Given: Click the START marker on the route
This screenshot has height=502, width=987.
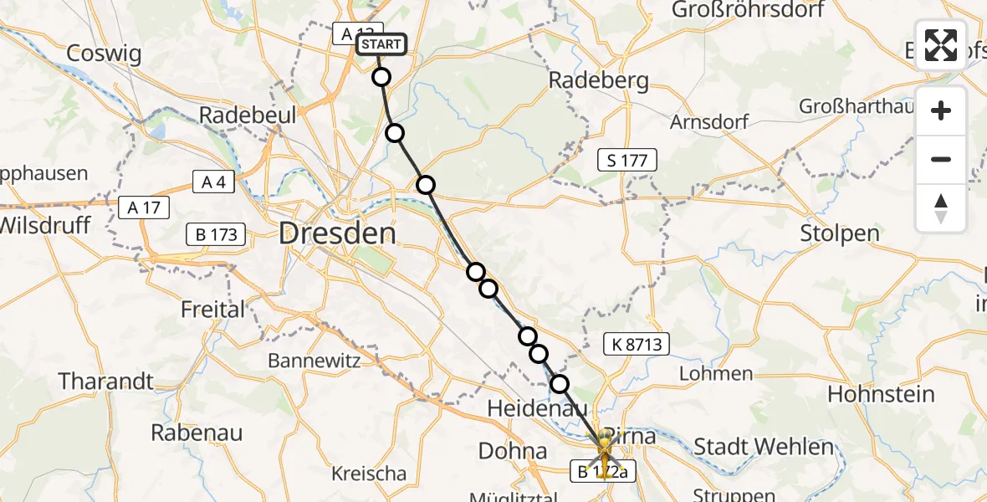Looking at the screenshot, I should [x=381, y=44].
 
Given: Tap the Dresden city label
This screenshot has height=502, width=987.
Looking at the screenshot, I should [x=337, y=233].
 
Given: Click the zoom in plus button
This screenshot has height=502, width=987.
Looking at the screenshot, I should [x=941, y=110].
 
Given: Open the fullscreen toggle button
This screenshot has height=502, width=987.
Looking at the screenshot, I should [x=941, y=45].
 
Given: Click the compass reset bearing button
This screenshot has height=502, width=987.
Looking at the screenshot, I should [x=941, y=208].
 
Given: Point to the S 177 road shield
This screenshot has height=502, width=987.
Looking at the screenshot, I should [x=627, y=160].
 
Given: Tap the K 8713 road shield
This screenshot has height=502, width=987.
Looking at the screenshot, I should [x=637, y=343].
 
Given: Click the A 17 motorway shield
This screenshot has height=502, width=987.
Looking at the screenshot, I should [x=145, y=207].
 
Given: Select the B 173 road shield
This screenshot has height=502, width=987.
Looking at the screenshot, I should [x=217, y=234].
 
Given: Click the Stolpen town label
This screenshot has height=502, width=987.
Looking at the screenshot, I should [x=839, y=233].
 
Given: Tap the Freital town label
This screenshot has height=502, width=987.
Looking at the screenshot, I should [x=213, y=310].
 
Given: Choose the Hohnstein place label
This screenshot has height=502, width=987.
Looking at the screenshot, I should [x=881, y=393].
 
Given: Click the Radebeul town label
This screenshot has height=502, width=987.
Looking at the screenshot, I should [x=247, y=115].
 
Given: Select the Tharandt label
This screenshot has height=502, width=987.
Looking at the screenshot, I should [x=105, y=382].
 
